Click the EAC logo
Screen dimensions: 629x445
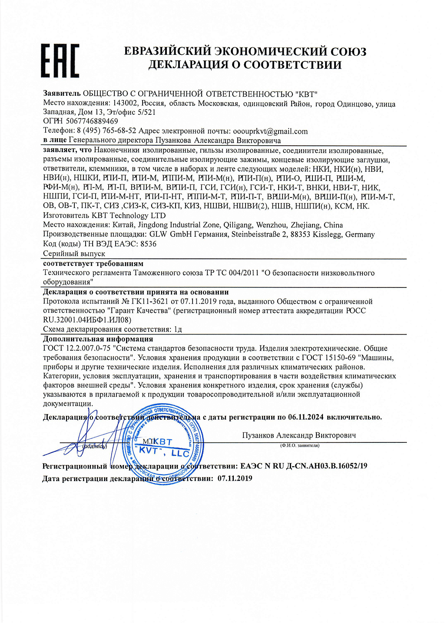point(60,61)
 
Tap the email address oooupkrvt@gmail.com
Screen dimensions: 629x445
point(270,131)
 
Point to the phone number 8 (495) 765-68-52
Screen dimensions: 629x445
point(106,131)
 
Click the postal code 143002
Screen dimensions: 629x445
point(126,104)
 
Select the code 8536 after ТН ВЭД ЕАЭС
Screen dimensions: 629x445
point(148,244)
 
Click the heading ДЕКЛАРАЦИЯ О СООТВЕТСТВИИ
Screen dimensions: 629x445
point(245,65)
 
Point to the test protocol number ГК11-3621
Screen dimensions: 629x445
point(150,301)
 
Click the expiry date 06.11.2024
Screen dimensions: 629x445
point(306,417)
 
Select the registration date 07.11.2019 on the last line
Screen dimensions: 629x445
point(235,478)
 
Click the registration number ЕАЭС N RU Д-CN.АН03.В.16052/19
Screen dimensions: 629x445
point(304,466)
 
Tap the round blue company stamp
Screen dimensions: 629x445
point(163,443)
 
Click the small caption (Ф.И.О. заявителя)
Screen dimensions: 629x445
point(300,445)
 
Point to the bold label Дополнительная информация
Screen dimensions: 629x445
point(98,339)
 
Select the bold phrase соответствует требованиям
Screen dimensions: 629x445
point(93,264)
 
